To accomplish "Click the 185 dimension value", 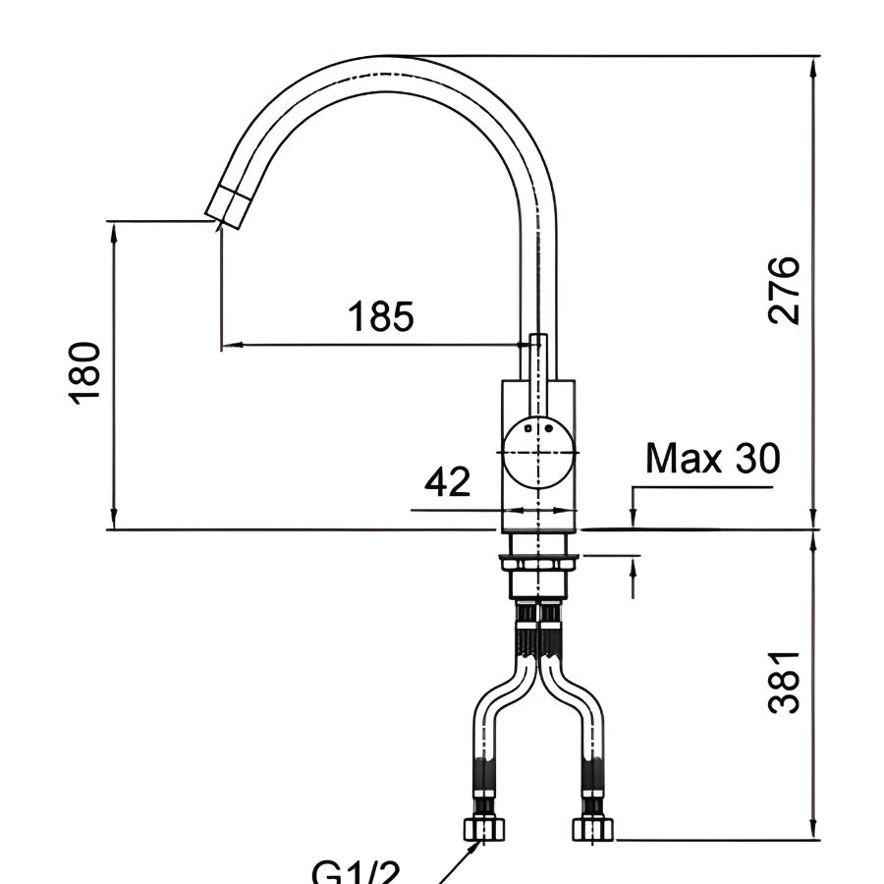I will click(381, 317).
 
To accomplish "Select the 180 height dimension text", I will click(86, 371).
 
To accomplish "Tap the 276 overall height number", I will click(785, 290).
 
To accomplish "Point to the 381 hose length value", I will click(785, 680).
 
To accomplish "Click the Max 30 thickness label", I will click(713, 458).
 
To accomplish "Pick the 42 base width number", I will click(448, 481).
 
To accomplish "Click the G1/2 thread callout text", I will click(356, 872).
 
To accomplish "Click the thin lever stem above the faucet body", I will click(536, 359).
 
